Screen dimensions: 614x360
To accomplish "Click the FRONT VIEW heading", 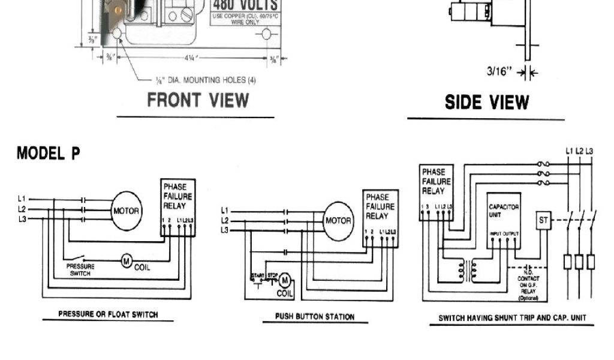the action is click(198, 100).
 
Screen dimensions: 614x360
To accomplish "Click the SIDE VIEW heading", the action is click(486, 103).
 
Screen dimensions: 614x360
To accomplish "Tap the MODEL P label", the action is click(48, 154).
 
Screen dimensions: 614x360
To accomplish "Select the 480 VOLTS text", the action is click(245, 6).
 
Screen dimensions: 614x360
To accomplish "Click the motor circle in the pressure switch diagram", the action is click(126, 211).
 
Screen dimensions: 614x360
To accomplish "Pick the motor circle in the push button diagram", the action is click(338, 221).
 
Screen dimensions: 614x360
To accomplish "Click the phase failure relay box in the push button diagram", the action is click(380, 218).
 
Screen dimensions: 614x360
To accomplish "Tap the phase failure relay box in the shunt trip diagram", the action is click(436, 193).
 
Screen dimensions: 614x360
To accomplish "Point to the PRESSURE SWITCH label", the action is click(80, 270).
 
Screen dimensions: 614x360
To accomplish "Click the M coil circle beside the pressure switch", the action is click(127, 260).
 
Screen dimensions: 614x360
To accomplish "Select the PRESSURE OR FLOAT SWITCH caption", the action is click(108, 314).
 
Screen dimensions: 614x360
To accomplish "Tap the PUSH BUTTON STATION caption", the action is click(315, 316).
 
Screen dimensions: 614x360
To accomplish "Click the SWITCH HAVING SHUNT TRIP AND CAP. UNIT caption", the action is click(512, 318).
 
